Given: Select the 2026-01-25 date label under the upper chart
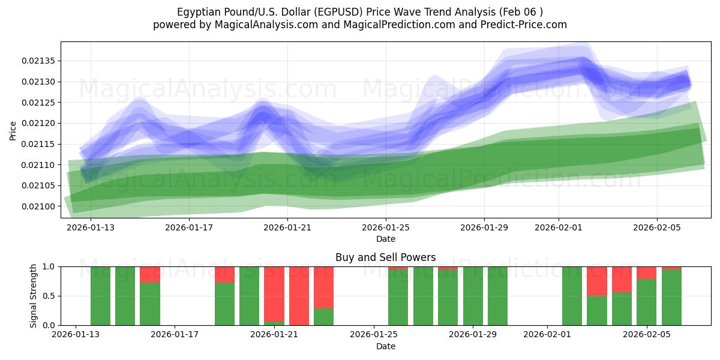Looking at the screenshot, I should pos(386,227).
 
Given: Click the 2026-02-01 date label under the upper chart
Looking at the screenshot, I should pos(559,227).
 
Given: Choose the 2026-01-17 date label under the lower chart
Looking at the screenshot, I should pos(175,335).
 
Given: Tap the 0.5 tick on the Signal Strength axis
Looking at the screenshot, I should pos(48,296).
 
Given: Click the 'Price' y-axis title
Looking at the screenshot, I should pos(13,130).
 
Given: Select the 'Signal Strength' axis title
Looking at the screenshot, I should pos(34,296).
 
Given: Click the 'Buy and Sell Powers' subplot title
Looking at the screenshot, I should pos(385,257).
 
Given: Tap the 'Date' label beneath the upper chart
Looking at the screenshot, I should pos(386,239).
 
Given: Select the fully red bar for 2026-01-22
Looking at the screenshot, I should pos(299,296).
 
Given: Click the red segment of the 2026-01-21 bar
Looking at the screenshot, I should pos(274,293).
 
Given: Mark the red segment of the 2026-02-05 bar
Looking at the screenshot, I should pos(646,273).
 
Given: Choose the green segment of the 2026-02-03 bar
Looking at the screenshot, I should pos(596,310).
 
